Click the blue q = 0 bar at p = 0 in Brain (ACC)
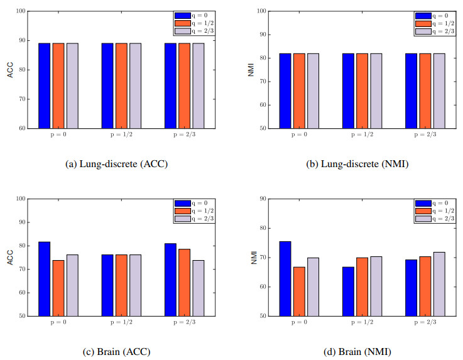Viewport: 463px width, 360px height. pos(44,278)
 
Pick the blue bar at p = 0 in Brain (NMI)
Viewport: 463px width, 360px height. pos(285,278)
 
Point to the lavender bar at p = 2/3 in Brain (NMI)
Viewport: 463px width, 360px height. pos(439,283)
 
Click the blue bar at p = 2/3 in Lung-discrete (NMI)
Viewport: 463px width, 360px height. pos(411,90)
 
